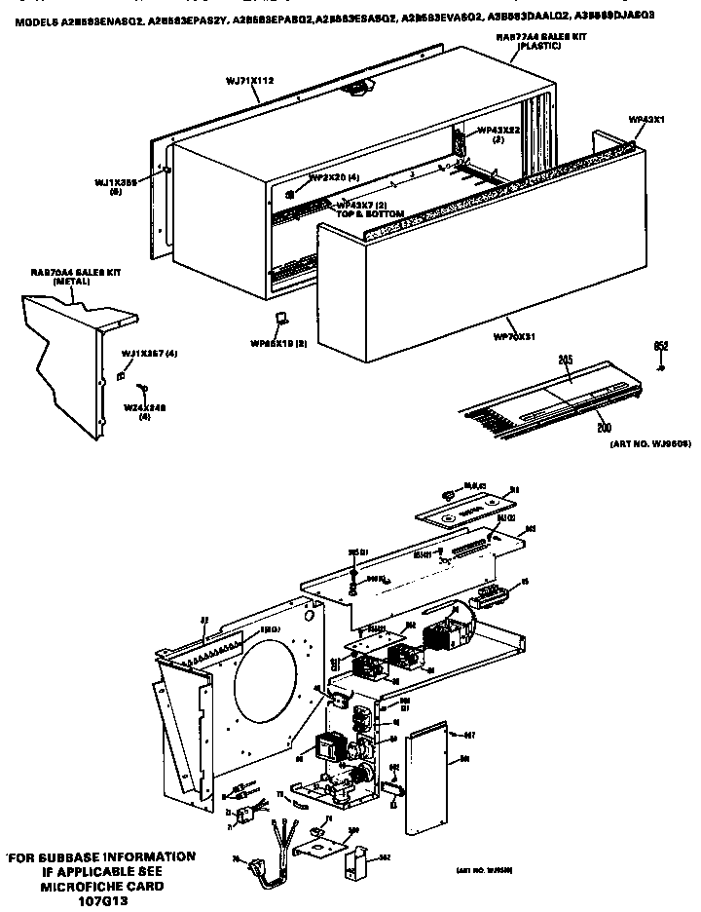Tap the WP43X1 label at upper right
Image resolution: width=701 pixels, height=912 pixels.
point(646,119)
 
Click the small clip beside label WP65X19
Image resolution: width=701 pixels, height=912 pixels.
point(279,319)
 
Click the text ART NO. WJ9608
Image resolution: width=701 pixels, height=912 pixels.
point(650,442)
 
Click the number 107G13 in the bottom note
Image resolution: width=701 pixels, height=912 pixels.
point(101,902)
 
